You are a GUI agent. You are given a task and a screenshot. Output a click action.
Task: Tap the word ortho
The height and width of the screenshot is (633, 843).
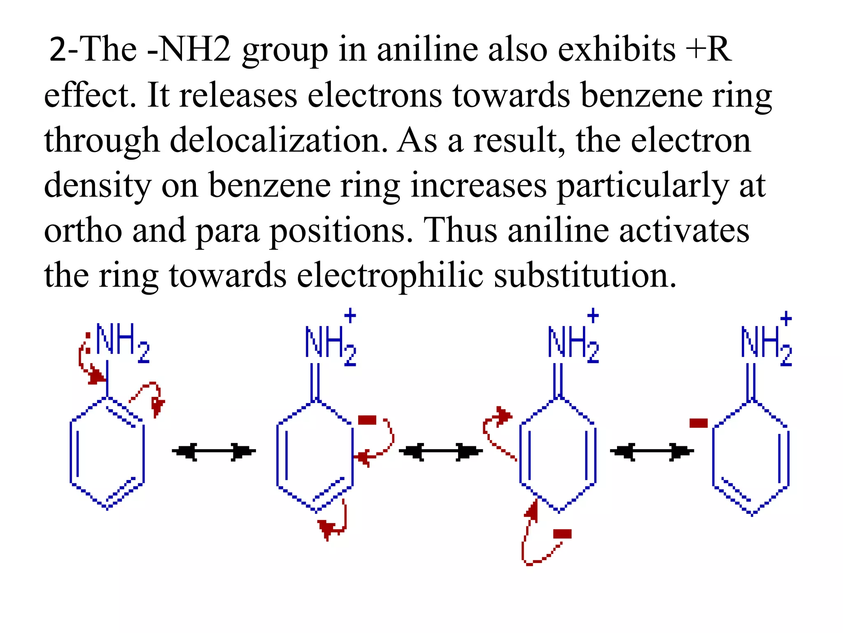83,231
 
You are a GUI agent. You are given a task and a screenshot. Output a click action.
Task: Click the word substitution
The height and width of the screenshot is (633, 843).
585,276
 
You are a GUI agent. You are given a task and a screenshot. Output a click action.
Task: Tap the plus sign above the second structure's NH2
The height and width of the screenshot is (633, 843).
350,316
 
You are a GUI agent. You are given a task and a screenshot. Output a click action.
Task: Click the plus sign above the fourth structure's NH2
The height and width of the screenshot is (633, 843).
786,319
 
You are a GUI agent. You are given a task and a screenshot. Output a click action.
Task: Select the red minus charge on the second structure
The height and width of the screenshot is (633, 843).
367,420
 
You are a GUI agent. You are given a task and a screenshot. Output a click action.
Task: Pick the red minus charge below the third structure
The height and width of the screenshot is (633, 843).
562,534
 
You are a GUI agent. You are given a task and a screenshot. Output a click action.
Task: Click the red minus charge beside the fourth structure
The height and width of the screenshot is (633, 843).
698,423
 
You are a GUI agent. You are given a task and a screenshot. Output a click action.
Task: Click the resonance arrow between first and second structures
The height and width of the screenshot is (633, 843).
214,451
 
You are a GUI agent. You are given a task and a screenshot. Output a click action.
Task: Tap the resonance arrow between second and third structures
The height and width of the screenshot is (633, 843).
440,452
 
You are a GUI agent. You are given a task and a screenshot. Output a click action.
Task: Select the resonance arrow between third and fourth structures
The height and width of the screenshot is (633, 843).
652,452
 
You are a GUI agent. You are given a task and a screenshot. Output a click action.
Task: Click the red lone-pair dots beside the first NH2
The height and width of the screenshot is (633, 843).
88,342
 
